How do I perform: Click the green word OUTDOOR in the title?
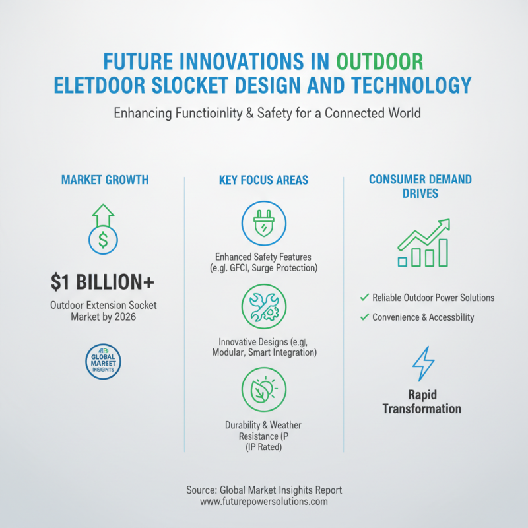[380, 61]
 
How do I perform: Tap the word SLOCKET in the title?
[190, 85]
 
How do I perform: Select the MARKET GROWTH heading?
[105, 180]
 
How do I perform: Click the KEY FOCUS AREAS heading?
[263, 180]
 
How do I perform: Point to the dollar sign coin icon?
[103, 240]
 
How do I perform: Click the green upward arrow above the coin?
[103, 215]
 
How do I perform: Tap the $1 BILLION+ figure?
[102, 282]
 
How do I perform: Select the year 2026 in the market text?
[125, 317]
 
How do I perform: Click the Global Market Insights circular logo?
[103, 362]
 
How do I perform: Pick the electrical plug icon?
[263, 223]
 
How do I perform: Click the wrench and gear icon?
[263, 306]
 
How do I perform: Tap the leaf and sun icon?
[263, 389]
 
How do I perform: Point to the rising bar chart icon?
[424, 243]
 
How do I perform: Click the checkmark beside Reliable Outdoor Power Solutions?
[364, 298]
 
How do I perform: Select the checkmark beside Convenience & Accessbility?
[364, 317]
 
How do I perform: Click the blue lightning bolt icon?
[423, 364]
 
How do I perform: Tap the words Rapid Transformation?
[422, 402]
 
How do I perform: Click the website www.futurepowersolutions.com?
[263, 502]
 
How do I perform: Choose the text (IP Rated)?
[263, 447]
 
